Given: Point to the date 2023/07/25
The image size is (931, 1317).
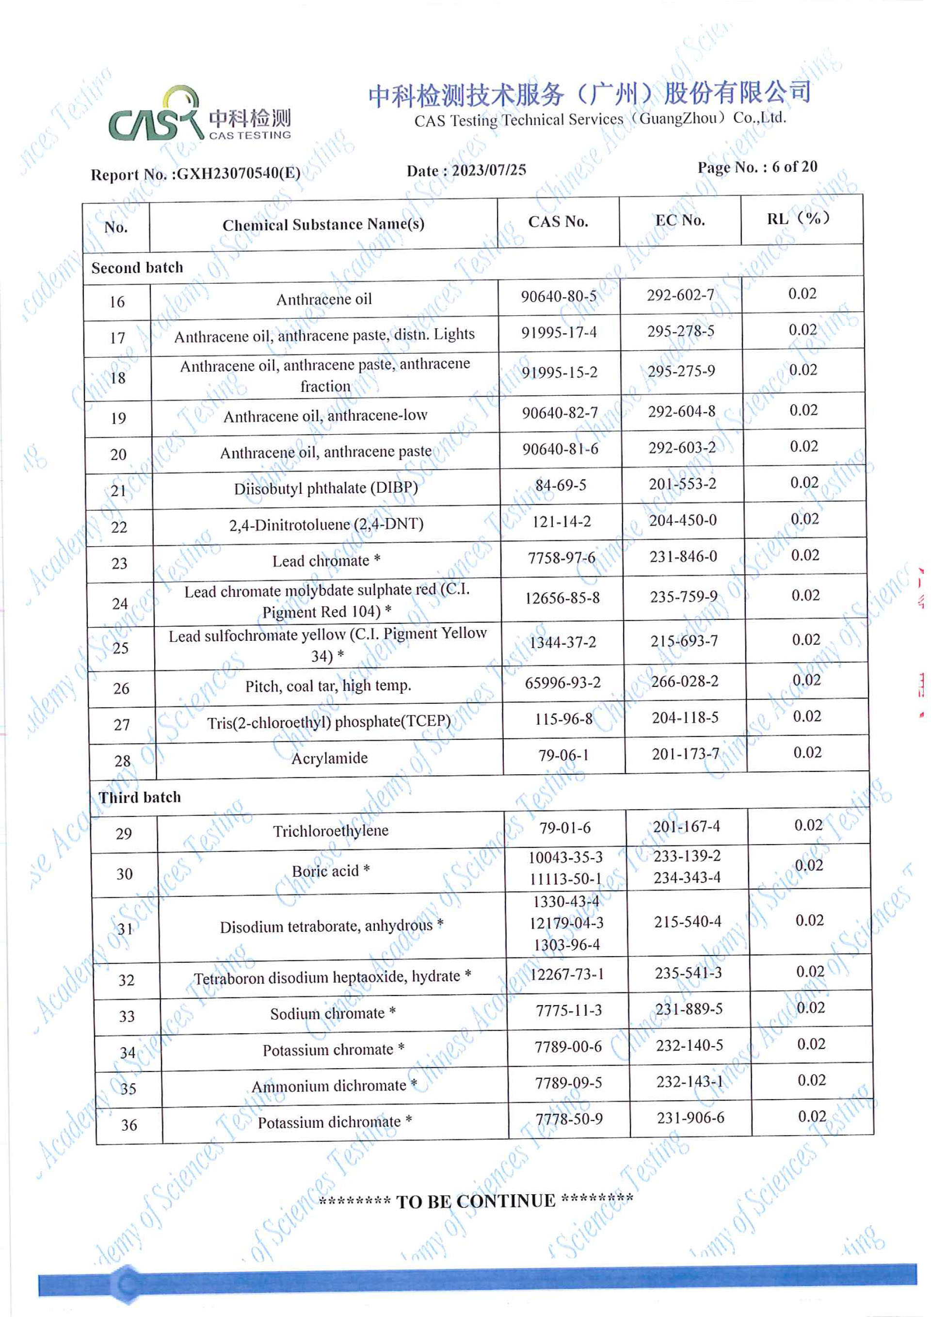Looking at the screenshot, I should pyautogui.click(x=488, y=170).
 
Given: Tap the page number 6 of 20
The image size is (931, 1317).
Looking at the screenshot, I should pyautogui.click(x=794, y=167).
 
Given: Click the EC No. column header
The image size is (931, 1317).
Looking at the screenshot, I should pyautogui.click(x=680, y=220).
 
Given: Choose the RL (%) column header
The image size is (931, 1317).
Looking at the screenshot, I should pyautogui.click(x=799, y=219).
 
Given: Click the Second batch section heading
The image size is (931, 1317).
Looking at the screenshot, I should pyautogui.click(x=138, y=268).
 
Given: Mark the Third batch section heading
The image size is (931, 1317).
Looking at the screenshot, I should pyautogui.click(x=140, y=797).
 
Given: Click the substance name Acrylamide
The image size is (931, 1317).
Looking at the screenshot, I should pyautogui.click(x=330, y=758).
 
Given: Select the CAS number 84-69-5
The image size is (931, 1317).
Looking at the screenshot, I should pyautogui.click(x=561, y=485).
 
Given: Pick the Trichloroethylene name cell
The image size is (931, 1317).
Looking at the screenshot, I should pyautogui.click(x=331, y=830).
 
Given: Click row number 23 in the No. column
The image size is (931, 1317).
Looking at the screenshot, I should pyautogui.click(x=119, y=563).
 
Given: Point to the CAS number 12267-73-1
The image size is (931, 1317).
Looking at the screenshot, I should pyautogui.click(x=567, y=974).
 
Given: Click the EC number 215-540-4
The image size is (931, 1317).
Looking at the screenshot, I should pyautogui.click(x=688, y=922).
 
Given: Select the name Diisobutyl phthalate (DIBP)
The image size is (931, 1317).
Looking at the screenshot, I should pyautogui.click(x=326, y=488).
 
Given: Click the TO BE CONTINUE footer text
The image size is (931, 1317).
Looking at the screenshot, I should pyautogui.click(x=476, y=1201).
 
